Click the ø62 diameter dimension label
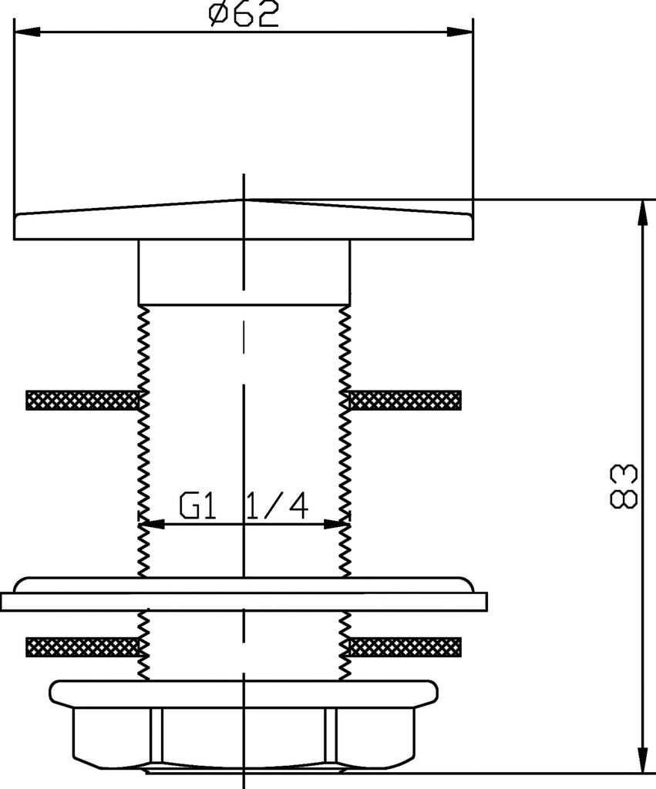click(244, 14)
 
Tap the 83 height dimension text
click(624, 485)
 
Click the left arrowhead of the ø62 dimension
click(27, 31)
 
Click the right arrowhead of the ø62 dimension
click(460, 31)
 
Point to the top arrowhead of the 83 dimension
click(642, 213)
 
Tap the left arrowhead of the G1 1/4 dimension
click(152, 524)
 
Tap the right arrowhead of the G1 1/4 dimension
click(337, 524)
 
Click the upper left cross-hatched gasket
click(82, 400)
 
